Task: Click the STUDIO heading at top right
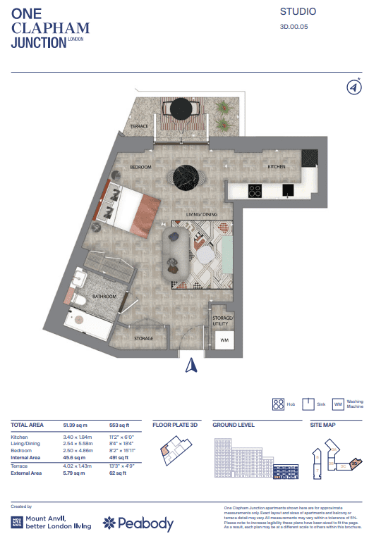(x=298, y=12)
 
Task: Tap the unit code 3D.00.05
(x=295, y=27)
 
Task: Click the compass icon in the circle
(x=354, y=87)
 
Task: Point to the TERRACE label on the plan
(x=140, y=127)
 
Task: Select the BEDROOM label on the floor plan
(x=141, y=167)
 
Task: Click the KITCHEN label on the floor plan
(x=276, y=167)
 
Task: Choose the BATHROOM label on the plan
(x=106, y=297)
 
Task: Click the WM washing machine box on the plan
(x=224, y=341)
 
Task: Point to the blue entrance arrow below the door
(x=189, y=364)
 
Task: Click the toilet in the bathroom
(x=79, y=301)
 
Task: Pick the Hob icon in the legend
(x=277, y=404)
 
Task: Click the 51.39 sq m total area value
(x=78, y=425)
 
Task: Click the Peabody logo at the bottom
(x=138, y=523)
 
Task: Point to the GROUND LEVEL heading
(x=234, y=425)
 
